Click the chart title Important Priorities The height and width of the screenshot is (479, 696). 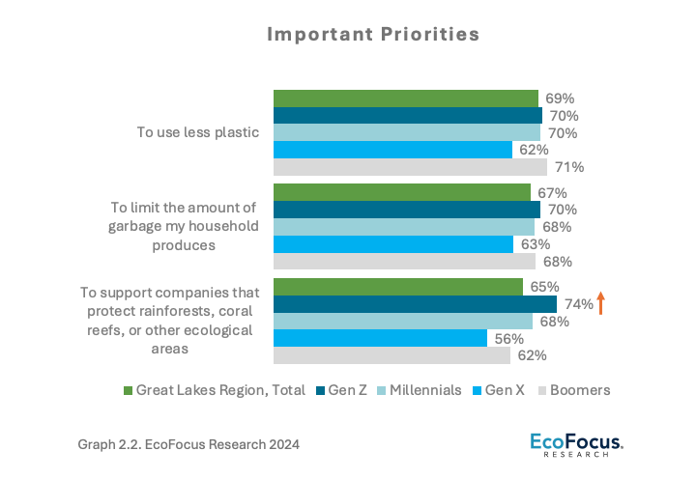[373, 35]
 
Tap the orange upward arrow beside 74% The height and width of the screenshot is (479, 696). [600, 303]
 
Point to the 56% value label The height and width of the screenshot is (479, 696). [508, 339]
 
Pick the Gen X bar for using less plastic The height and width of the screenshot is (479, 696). [392, 150]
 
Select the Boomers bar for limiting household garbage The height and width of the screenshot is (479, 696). [404, 261]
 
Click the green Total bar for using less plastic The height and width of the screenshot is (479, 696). [406, 99]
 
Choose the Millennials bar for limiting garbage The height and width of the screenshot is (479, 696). [404, 227]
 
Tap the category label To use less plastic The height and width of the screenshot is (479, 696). [198, 132]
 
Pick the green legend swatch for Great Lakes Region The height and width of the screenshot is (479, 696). [128, 390]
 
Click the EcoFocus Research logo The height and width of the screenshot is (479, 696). [576, 444]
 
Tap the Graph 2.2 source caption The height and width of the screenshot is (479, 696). [188, 444]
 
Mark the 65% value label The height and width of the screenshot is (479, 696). [544, 287]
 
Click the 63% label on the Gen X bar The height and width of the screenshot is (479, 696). [535, 244]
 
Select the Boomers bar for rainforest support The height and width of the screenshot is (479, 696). [391, 355]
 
